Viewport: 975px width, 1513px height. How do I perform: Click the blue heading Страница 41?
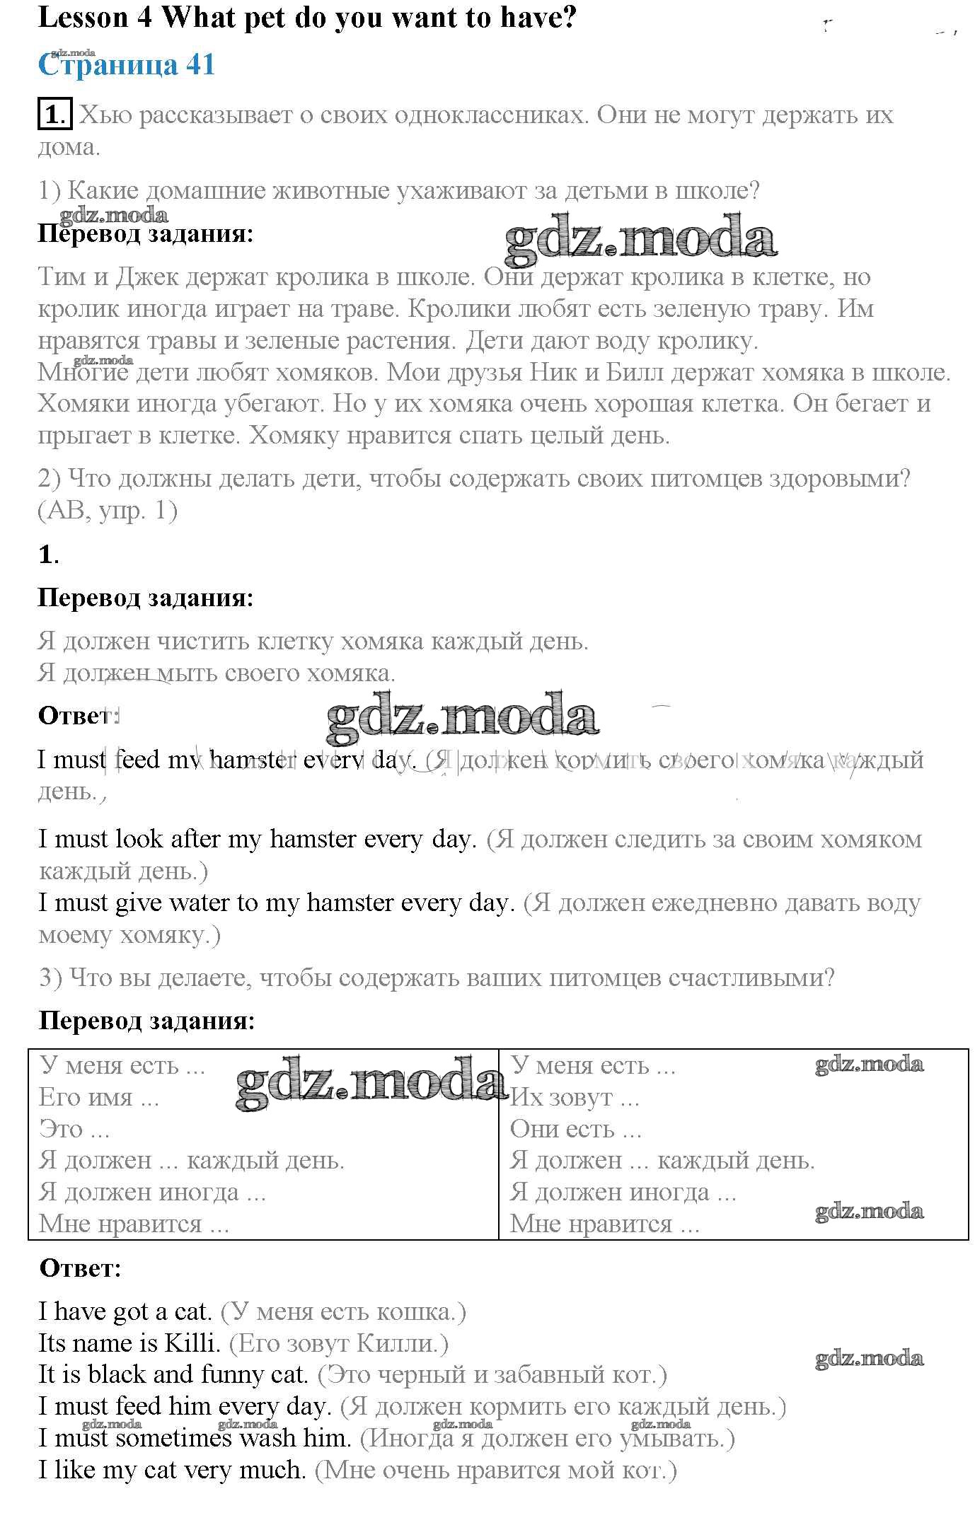pos(126,65)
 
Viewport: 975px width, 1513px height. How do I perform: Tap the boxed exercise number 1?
pos(54,115)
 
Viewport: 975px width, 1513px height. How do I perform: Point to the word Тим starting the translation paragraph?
pos(62,277)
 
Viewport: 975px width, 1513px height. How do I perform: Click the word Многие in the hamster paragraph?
pos(83,371)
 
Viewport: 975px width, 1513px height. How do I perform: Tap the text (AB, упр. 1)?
pos(108,510)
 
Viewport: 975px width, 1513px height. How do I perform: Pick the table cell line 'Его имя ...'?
pos(99,1097)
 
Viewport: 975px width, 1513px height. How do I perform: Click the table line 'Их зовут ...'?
pos(575,1097)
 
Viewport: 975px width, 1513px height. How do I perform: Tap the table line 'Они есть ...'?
pos(575,1128)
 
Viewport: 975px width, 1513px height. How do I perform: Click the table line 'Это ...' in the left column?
pos(74,1128)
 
